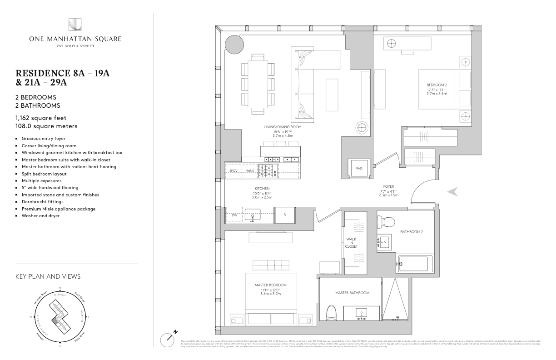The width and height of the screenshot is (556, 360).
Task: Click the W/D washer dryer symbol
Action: point(359,168)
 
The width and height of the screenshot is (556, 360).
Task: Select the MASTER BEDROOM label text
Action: point(271,285)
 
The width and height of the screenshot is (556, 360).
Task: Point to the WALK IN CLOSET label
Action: point(352,242)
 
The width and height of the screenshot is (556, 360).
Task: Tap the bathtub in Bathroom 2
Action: point(415,263)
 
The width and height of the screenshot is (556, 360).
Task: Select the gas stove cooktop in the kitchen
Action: point(268,170)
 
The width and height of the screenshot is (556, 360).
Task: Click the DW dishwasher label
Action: point(234,215)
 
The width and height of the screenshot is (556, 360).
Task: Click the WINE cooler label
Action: point(250,171)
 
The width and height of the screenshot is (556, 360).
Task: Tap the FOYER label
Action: point(388,185)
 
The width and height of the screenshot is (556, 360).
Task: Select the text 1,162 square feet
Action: point(41,118)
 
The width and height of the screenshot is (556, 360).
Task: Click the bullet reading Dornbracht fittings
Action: point(44,201)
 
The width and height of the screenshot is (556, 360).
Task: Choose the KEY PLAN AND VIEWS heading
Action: point(48,276)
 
